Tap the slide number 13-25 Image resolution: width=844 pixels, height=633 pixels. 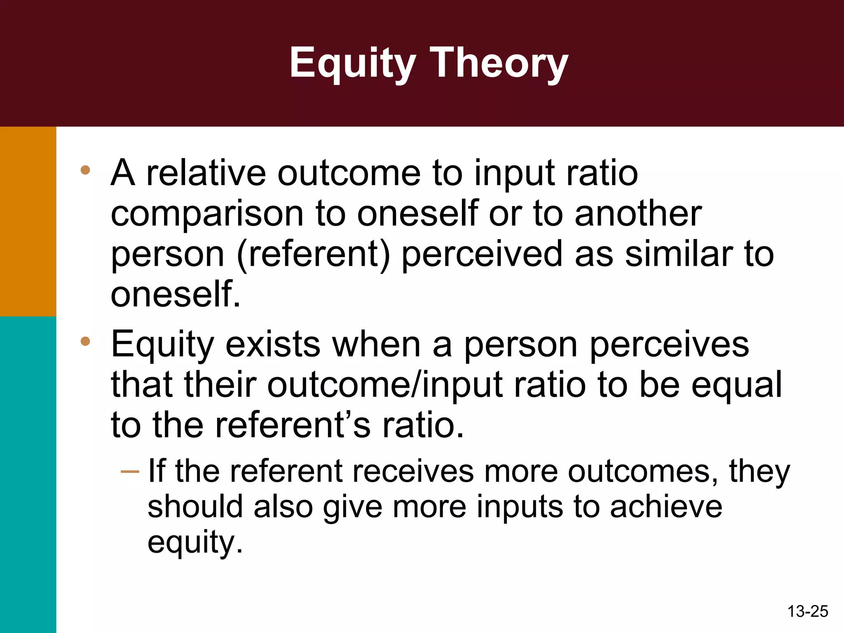click(807, 611)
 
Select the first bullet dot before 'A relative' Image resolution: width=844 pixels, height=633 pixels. click(85, 170)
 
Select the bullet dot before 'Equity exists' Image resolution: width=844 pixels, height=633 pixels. click(85, 341)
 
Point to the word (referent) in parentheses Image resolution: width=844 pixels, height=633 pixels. click(313, 254)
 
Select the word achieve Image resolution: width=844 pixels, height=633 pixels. click(666, 507)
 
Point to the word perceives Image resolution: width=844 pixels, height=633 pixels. click(668, 345)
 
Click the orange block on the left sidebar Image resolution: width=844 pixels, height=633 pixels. click(28, 221)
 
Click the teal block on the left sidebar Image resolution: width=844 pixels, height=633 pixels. click(28, 474)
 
